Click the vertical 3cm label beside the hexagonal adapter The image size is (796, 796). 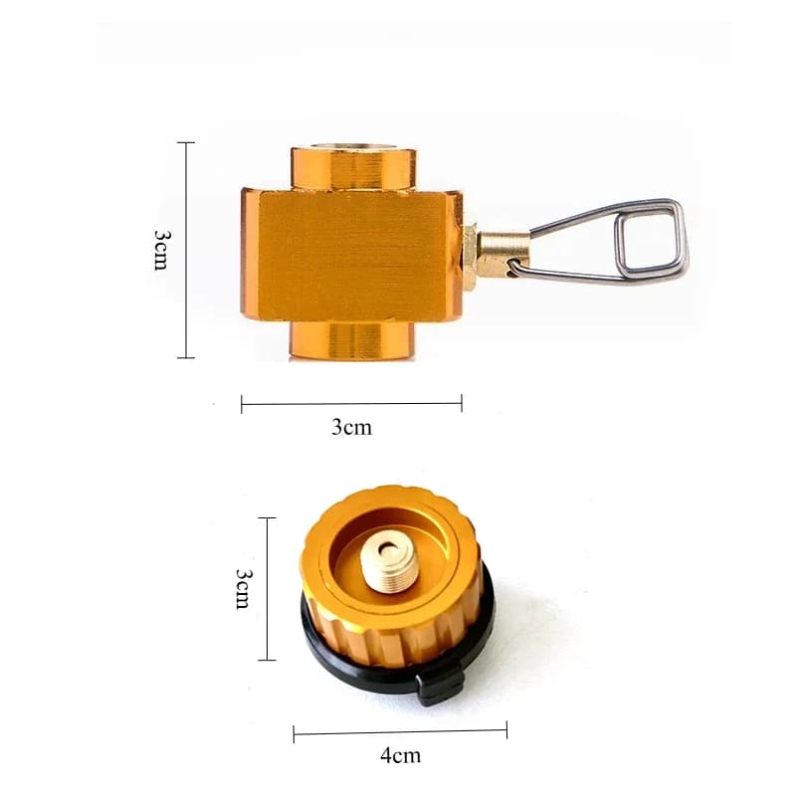tap(161, 249)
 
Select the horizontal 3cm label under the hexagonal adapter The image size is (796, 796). tap(351, 427)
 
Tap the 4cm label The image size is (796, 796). tap(400, 755)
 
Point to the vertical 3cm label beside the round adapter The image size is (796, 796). tap(242, 589)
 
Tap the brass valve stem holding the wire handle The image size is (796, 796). tap(502, 250)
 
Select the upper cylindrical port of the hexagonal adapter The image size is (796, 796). tap(352, 166)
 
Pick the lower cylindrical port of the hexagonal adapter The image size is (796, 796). tap(352, 339)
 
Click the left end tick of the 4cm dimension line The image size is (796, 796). tap(295, 734)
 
